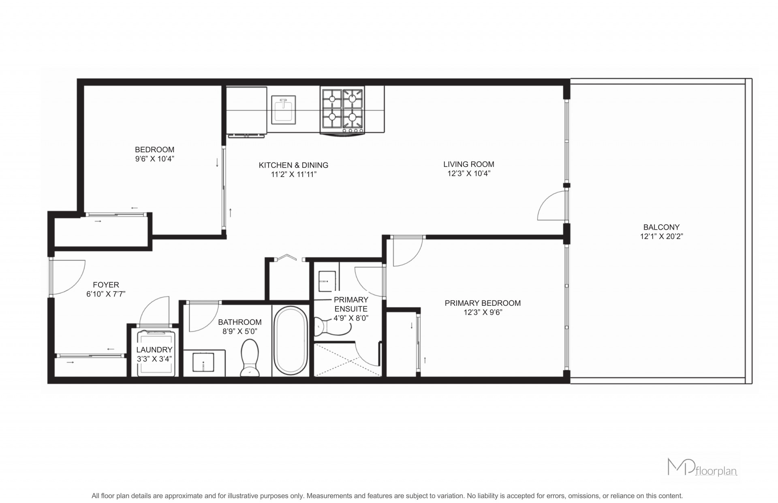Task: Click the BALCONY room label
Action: click(x=661, y=227)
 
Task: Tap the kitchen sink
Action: click(x=284, y=109)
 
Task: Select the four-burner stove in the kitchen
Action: click(x=342, y=110)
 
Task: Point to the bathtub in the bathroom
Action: click(x=291, y=340)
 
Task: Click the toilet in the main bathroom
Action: click(x=249, y=358)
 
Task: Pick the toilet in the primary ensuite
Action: click(x=327, y=326)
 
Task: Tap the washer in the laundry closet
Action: click(x=156, y=352)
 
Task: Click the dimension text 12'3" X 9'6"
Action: click(x=482, y=312)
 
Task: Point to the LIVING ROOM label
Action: click(x=468, y=164)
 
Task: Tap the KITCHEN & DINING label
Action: click(x=293, y=165)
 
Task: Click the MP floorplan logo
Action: click(x=702, y=467)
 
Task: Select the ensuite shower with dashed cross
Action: click(x=348, y=360)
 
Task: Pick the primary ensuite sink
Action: click(x=327, y=281)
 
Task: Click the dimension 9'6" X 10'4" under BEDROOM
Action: click(x=155, y=159)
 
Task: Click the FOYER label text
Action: click(x=106, y=285)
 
